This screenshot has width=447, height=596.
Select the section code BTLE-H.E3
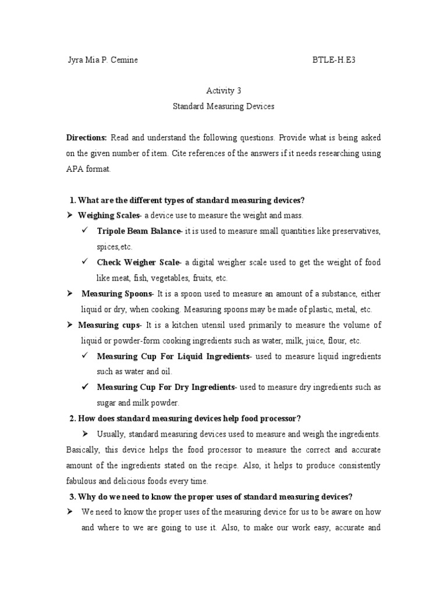(334, 60)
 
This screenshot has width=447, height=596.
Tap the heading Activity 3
(223, 91)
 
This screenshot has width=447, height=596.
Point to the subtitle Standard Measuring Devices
(223, 107)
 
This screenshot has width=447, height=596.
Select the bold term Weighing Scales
(109, 216)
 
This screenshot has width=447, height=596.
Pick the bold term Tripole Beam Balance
(139, 231)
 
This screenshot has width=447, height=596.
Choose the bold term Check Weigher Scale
(139, 262)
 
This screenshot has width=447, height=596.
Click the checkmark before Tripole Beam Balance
(85, 230)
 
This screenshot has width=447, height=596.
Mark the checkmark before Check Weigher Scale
(85, 262)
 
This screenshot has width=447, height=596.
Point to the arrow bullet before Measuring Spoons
(69, 293)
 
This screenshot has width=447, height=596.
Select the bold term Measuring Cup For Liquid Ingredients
(173, 356)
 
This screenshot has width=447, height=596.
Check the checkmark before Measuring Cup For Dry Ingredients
(85, 386)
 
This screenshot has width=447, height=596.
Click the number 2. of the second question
(72, 418)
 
